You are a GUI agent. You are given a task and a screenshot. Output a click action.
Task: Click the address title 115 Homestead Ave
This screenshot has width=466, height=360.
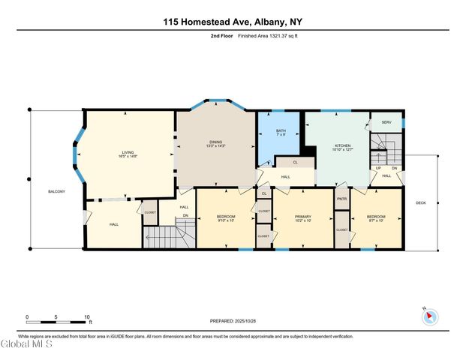click(233, 22)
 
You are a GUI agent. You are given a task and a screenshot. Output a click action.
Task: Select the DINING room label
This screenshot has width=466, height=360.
click(215, 143)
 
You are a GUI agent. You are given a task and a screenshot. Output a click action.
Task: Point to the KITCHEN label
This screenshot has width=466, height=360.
click(341, 146)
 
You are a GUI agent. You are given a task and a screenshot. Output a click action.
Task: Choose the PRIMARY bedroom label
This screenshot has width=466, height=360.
click(303, 217)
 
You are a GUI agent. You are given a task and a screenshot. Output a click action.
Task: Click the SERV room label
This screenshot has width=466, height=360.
click(386, 122)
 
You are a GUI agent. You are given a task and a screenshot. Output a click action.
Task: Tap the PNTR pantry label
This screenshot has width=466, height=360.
click(342, 199)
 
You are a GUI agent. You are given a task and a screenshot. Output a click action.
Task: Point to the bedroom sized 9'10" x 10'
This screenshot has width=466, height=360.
click(226, 218)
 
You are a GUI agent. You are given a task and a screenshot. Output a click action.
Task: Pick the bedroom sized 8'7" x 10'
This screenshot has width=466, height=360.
click(377, 218)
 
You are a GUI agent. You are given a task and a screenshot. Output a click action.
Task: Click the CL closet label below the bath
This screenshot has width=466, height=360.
click(295, 162)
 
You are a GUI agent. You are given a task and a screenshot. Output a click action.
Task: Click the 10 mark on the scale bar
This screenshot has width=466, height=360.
click(87, 316)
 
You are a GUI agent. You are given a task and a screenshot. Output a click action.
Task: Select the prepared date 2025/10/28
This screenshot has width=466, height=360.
click(233, 321)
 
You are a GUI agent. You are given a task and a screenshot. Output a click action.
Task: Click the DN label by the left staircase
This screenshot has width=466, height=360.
click(185, 216)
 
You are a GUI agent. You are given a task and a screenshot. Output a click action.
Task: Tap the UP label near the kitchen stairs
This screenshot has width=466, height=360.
click(379, 168)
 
